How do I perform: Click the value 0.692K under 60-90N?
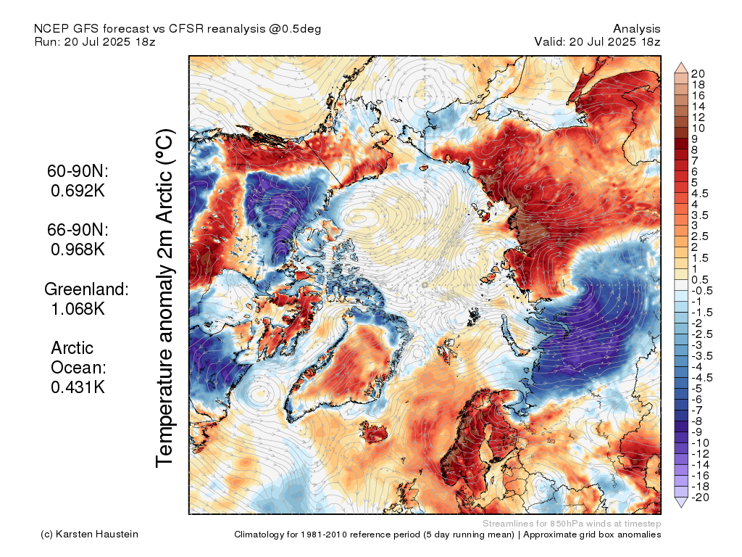coord(78,191)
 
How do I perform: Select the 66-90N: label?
coord(78,229)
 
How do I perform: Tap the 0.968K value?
coord(78,249)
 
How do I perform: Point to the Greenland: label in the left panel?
coord(86,289)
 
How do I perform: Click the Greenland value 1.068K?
coord(78,309)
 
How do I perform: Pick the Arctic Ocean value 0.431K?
coord(78,387)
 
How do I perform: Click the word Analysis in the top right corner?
coord(636,29)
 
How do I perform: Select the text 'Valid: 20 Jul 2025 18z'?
coord(597,41)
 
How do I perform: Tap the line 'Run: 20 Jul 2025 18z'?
coord(95,41)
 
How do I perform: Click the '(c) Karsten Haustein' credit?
coord(89,535)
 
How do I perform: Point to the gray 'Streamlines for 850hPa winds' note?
coord(572,524)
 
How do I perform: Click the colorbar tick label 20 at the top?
coord(698,74)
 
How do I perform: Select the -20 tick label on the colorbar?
coord(701,498)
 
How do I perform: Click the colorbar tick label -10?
coord(701,443)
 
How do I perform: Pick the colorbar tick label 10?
coord(698,128)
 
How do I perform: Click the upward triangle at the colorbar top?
coord(681,67)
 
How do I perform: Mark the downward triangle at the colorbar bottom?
coord(681,503)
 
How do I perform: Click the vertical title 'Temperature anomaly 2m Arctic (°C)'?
coord(165,298)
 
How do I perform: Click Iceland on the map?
coord(375,432)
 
